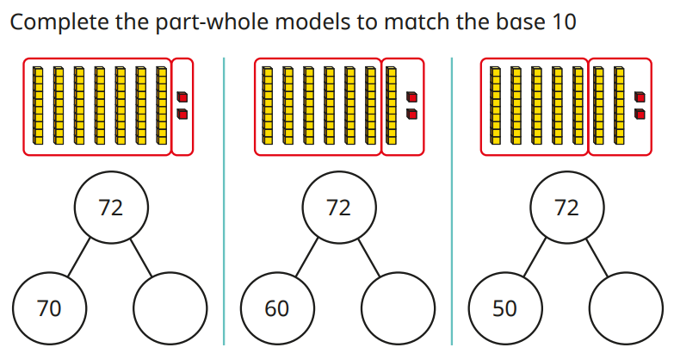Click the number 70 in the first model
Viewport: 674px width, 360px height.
[x=49, y=307]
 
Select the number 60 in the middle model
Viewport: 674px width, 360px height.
[x=276, y=307]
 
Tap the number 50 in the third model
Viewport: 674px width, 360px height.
[x=504, y=307]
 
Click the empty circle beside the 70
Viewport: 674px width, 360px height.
[x=170, y=307]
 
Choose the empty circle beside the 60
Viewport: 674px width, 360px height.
[x=398, y=307]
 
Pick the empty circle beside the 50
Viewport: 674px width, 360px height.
[x=626, y=307]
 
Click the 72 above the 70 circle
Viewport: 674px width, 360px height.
[x=111, y=208]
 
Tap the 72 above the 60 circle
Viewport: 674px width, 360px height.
[x=338, y=208]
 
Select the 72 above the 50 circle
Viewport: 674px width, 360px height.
[x=566, y=208]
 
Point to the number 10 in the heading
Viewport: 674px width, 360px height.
[x=560, y=22]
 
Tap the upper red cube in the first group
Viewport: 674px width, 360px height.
[x=182, y=97]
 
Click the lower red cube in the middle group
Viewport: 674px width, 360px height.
[x=411, y=114]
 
